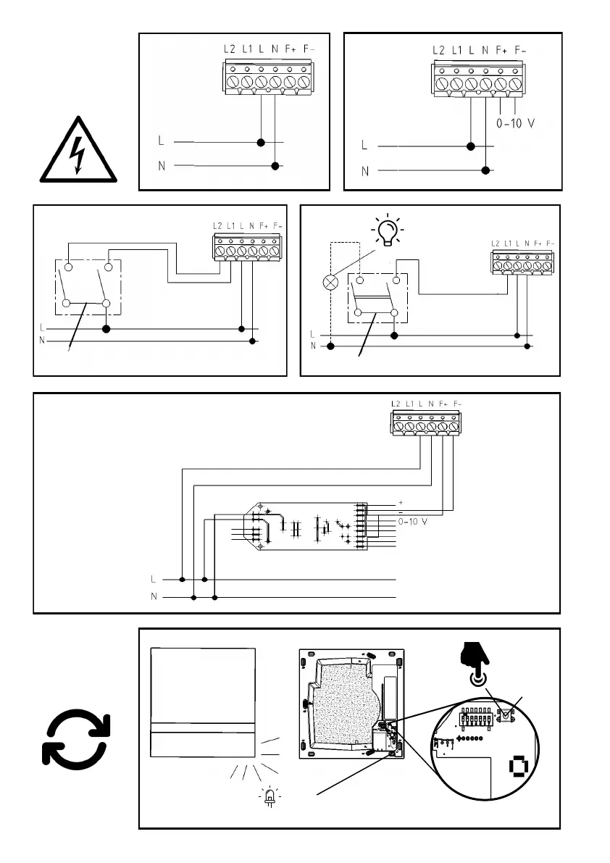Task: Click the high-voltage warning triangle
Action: [x=78, y=151]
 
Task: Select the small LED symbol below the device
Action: [x=270, y=797]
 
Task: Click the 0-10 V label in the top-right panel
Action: [x=515, y=122]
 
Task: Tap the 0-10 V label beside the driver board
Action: [x=413, y=521]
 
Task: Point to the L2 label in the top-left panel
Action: [x=230, y=49]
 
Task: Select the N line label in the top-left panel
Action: [x=163, y=166]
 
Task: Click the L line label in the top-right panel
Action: [x=364, y=145]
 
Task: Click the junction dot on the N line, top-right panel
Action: [x=485, y=172]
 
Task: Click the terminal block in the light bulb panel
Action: [x=522, y=262]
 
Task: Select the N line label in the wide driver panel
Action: [x=153, y=598]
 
